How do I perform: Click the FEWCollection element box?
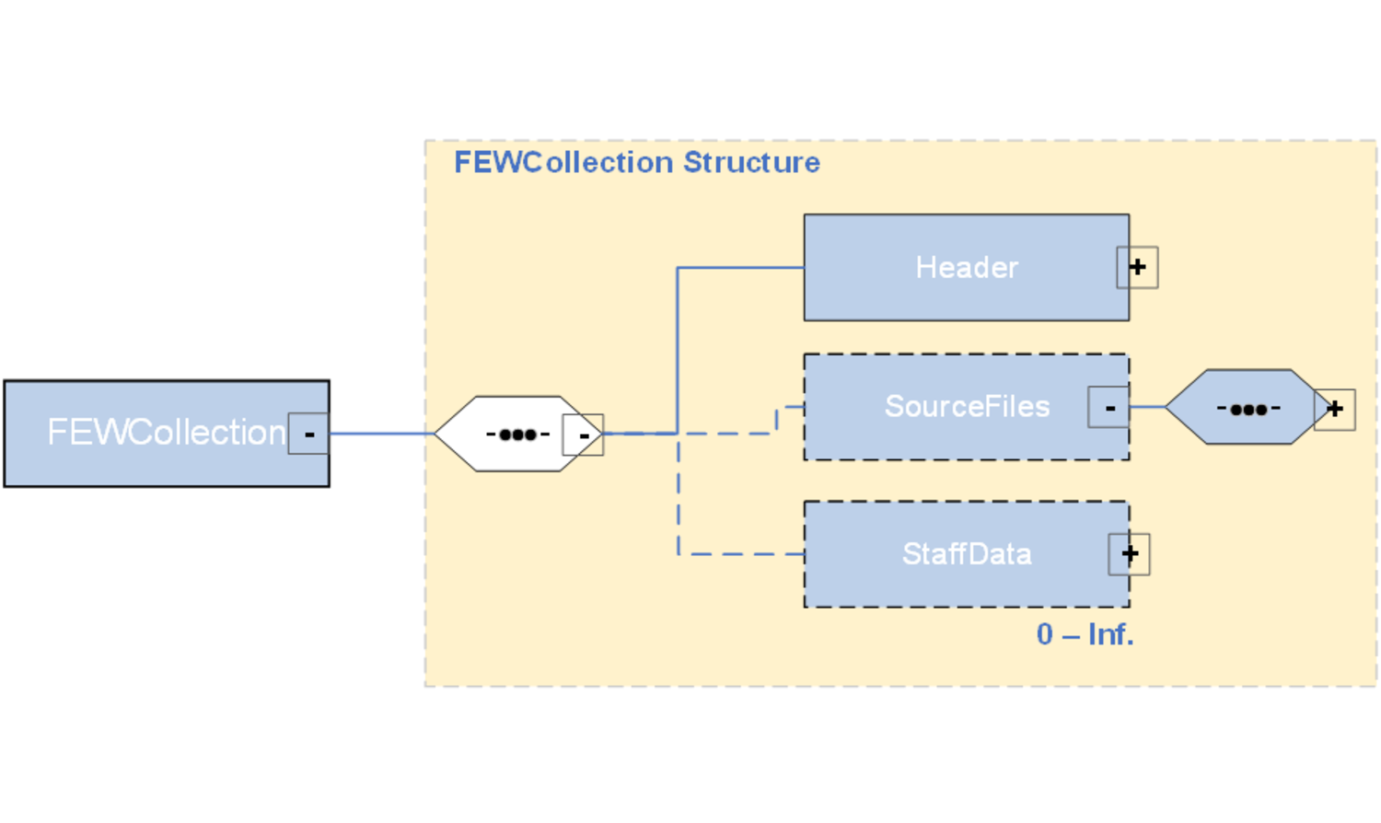(x=157, y=433)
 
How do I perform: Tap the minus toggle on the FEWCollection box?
(x=308, y=434)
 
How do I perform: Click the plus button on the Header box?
(x=1137, y=268)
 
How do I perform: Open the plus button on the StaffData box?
(x=1129, y=554)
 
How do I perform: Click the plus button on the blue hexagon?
(x=1334, y=409)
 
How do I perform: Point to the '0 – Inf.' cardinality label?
(x=1085, y=634)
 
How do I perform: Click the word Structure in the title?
(x=751, y=163)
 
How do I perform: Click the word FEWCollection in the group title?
(x=564, y=163)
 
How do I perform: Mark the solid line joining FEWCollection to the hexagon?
(x=381, y=434)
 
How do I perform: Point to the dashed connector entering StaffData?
(x=741, y=554)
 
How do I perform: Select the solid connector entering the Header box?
(x=741, y=268)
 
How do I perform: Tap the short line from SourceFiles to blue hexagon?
(x=1147, y=407)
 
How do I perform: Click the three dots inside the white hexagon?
(x=517, y=435)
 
